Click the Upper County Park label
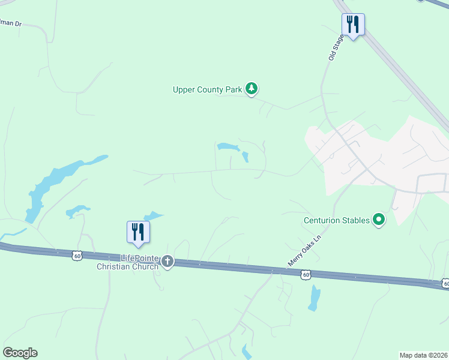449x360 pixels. (x=206, y=90)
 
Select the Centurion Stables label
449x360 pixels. (x=336, y=220)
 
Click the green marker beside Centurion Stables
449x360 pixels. (x=379, y=220)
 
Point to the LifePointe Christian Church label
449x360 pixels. (x=128, y=262)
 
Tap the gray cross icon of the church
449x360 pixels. (x=167, y=262)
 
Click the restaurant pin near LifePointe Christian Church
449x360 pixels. (x=138, y=232)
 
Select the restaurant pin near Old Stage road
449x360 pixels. (x=353, y=25)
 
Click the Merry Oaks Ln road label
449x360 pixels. (x=305, y=251)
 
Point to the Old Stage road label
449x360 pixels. (x=335, y=47)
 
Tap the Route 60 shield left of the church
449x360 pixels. (x=76, y=256)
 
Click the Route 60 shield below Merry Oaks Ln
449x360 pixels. (x=306, y=274)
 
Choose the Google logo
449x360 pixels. (x=20, y=353)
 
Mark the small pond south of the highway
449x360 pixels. (x=314, y=298)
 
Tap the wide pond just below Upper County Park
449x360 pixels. (x=228, y=146)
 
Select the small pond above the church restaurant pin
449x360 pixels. (x=154, y=215)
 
